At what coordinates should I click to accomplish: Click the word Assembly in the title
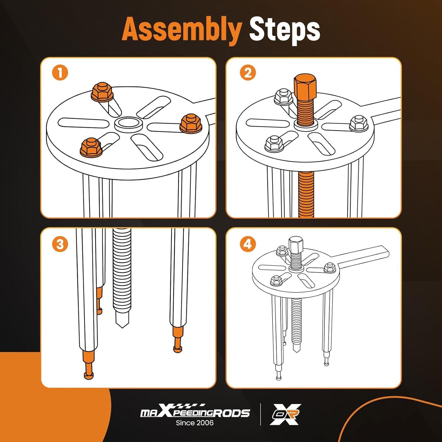181,29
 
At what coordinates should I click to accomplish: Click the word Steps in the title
285,30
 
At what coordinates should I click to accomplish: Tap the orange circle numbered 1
60,73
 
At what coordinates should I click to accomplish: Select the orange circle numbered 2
248,73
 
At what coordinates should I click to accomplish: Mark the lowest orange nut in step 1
91,147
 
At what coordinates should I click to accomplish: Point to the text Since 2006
195,423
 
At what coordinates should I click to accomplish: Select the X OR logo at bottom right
285,414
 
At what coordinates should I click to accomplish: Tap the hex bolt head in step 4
294,244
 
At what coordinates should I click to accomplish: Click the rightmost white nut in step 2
358,124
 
